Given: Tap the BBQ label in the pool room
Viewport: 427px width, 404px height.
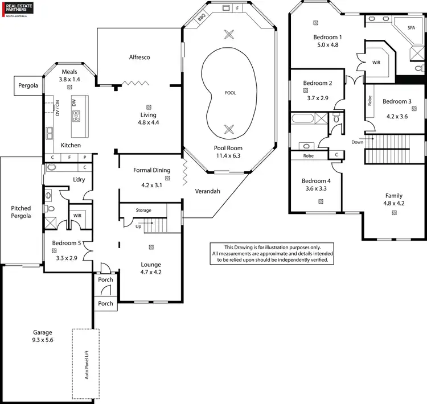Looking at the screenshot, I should (x=202, y=18).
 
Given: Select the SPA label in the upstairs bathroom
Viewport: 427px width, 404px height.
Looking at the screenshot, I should (x=412, y=27).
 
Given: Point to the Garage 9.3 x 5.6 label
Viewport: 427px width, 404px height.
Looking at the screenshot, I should (x=43, y=336).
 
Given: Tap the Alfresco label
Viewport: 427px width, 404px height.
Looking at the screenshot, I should (x=139, y=57).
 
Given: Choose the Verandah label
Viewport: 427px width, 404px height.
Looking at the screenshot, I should (x=207, y=191).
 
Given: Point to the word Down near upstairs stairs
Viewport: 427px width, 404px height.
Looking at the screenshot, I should (x=357, y=142).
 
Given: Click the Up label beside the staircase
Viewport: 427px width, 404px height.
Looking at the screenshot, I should (x=137, y=226).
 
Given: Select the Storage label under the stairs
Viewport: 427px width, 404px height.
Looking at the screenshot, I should (x=143, y=211).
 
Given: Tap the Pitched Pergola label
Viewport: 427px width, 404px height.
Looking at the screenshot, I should (x=21, y=212).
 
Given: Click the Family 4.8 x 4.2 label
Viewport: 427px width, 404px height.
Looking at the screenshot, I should (x=393, y=199).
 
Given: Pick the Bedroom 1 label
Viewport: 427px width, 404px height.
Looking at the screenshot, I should (x=327, y=41).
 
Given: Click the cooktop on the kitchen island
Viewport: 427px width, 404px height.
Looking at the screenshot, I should (x=76, y=116).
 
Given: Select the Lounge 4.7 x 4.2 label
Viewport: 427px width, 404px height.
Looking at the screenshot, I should (x=151, y=268).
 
